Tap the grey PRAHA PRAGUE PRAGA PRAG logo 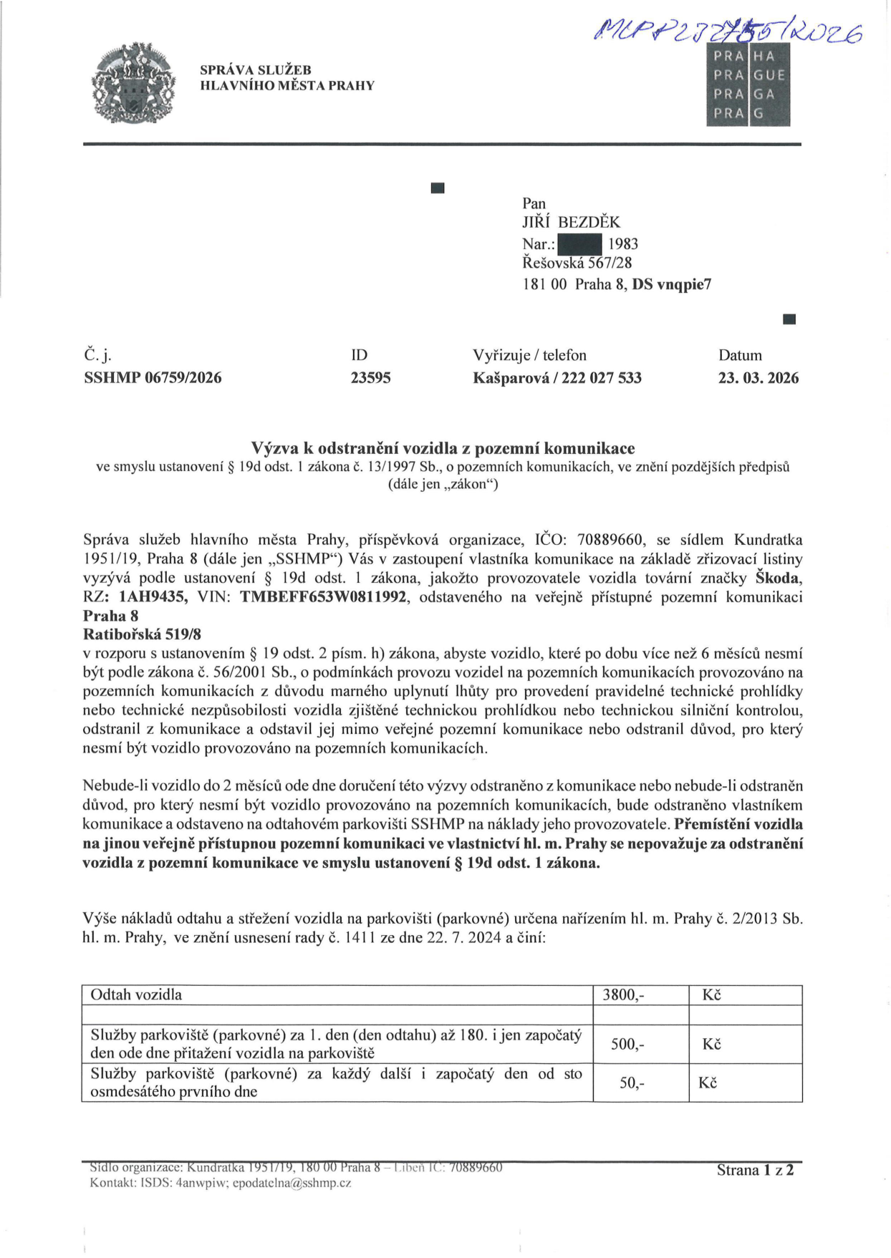(x=748, y=84)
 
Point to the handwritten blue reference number (x=727, y=32)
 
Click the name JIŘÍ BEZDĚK (x=571, y=223)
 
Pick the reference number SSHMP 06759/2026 (x=153, y=378)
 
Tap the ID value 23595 (x=370, y=378)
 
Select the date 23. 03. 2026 (x=758, y=378)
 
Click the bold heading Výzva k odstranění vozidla (x=443, y=448)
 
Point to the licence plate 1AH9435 (x=154, y=597)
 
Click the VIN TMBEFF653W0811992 (x=324, y=597)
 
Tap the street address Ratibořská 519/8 (x=143, y=634)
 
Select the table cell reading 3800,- (x=623, y=995)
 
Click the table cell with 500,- (x=627, y=1044)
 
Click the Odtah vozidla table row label (x=136, y=995)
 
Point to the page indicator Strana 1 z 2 (x=755, y=1170)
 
